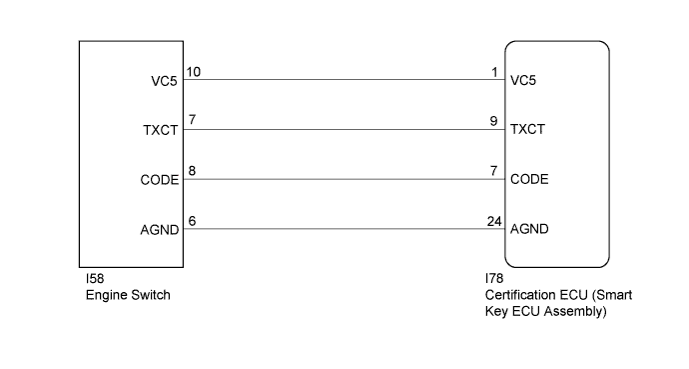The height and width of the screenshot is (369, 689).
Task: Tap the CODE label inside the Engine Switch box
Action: click(161, 181)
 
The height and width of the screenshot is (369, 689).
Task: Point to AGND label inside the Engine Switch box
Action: click(161, 230)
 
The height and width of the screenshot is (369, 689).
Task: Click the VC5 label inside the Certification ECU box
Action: click(523, 80)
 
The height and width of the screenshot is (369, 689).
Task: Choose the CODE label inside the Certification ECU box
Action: click(527, 181)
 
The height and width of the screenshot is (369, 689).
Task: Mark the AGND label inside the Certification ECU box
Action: click(527, 230)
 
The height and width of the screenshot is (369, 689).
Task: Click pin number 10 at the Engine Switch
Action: click(194, 71)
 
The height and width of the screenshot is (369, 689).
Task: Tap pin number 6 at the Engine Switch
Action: click(191, 221)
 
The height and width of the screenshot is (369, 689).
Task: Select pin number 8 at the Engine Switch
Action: click(191, 171)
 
